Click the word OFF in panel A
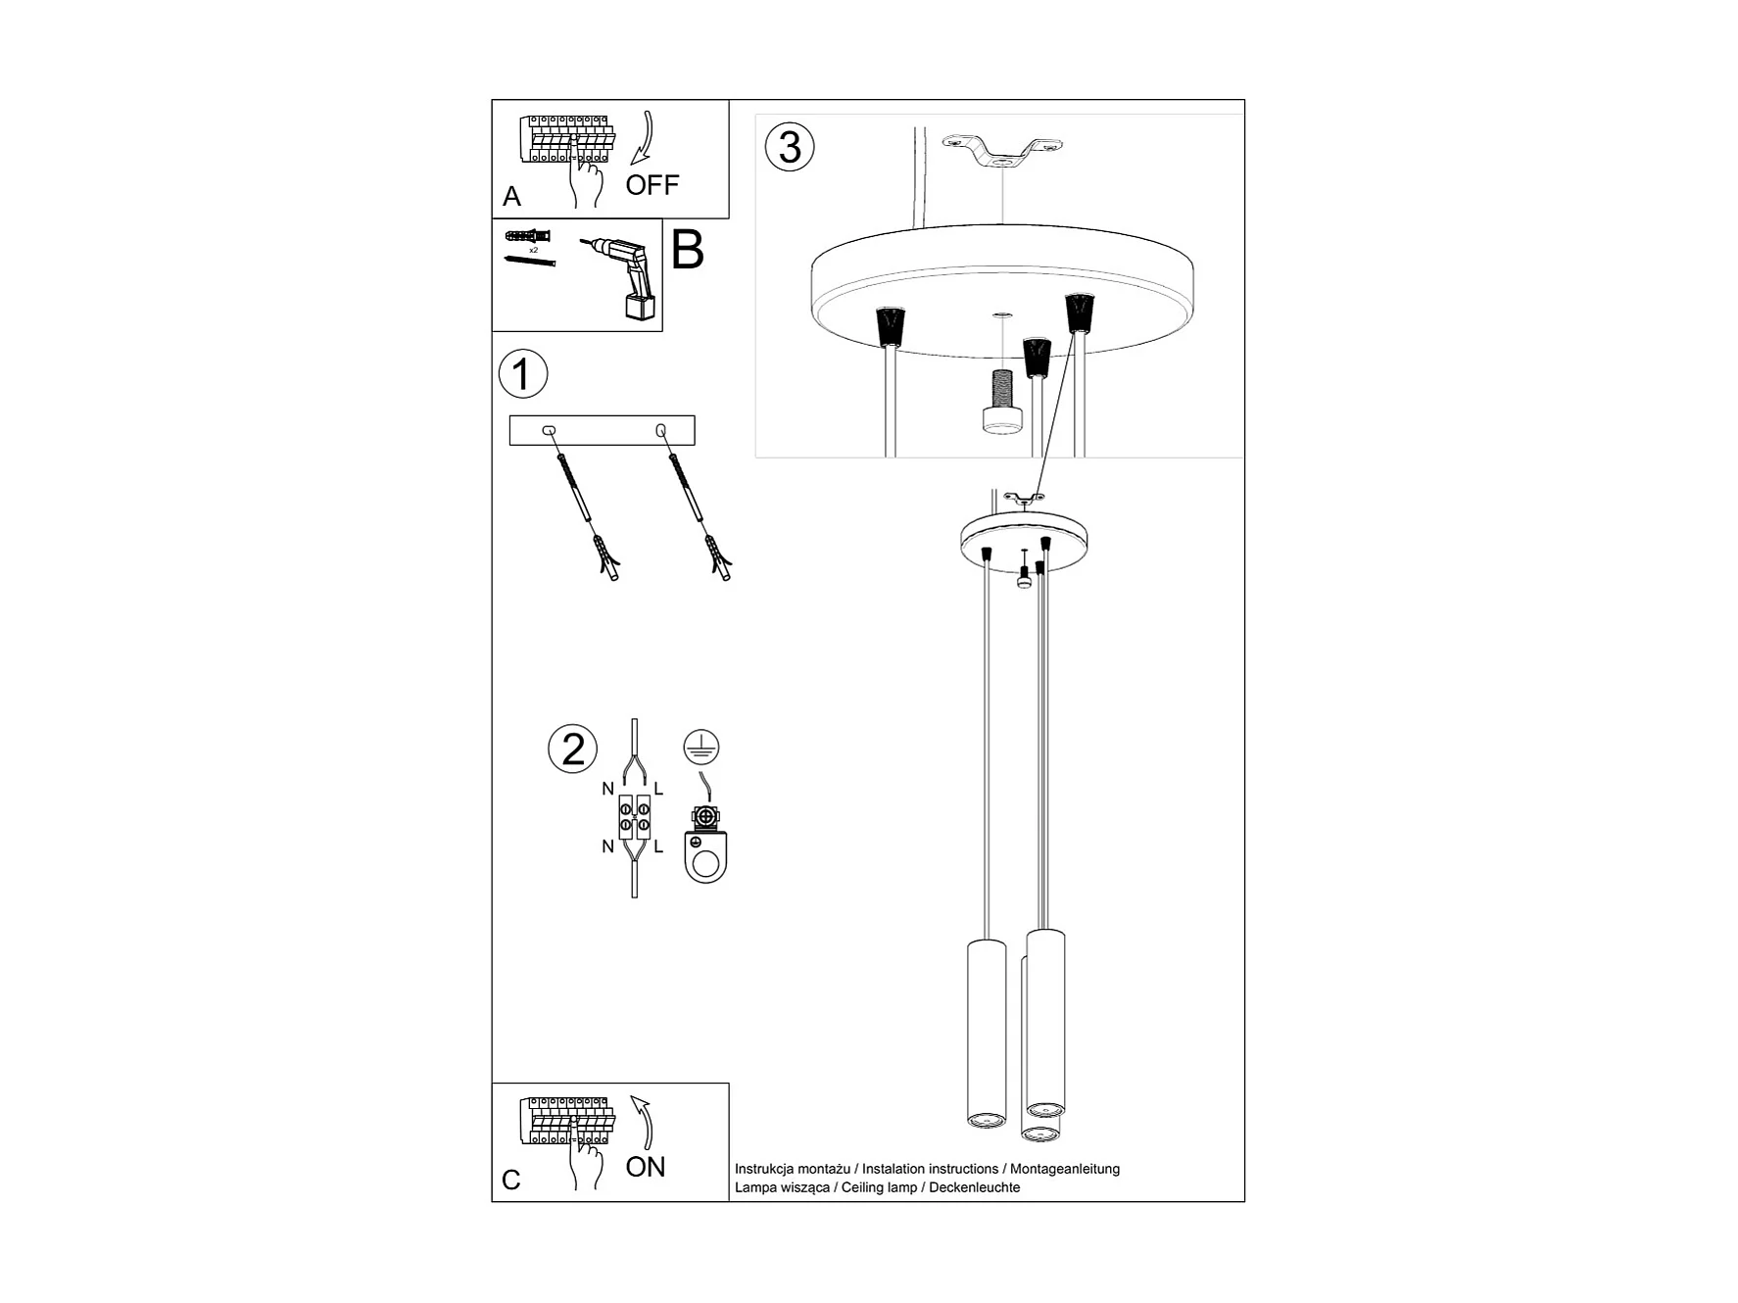[x=652, y=185]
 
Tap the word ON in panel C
[x=646, y=1167]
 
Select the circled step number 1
[x=523, y=374]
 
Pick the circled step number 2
[x=573, y=749]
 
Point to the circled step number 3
[x=790, y=147]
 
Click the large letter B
[x=688, y=251]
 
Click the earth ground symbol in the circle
[x=701, y=748]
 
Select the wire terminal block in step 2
[x=634, y=818]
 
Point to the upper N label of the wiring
[x=608, y=789]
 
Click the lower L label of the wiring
[x=658, y=846]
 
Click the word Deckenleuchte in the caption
[x=975, y=1187]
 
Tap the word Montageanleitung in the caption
[x=1065, y=1169]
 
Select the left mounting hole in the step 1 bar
[x=549, y=430]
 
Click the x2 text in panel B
[x=533, y=250]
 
